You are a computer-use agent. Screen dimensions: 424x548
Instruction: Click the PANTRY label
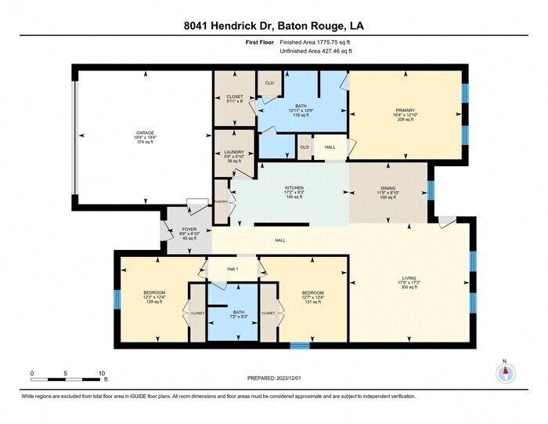coord(222,201)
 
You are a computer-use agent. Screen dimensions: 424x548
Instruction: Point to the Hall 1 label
coord(233,269)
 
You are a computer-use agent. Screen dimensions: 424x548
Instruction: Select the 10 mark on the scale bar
coord(103,373)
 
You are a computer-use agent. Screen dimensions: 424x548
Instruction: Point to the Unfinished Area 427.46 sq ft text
coord(316,51)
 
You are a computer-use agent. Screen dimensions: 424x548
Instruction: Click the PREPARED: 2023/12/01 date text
coord(272,378)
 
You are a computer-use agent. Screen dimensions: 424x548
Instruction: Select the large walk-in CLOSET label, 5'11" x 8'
coord(234,99)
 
